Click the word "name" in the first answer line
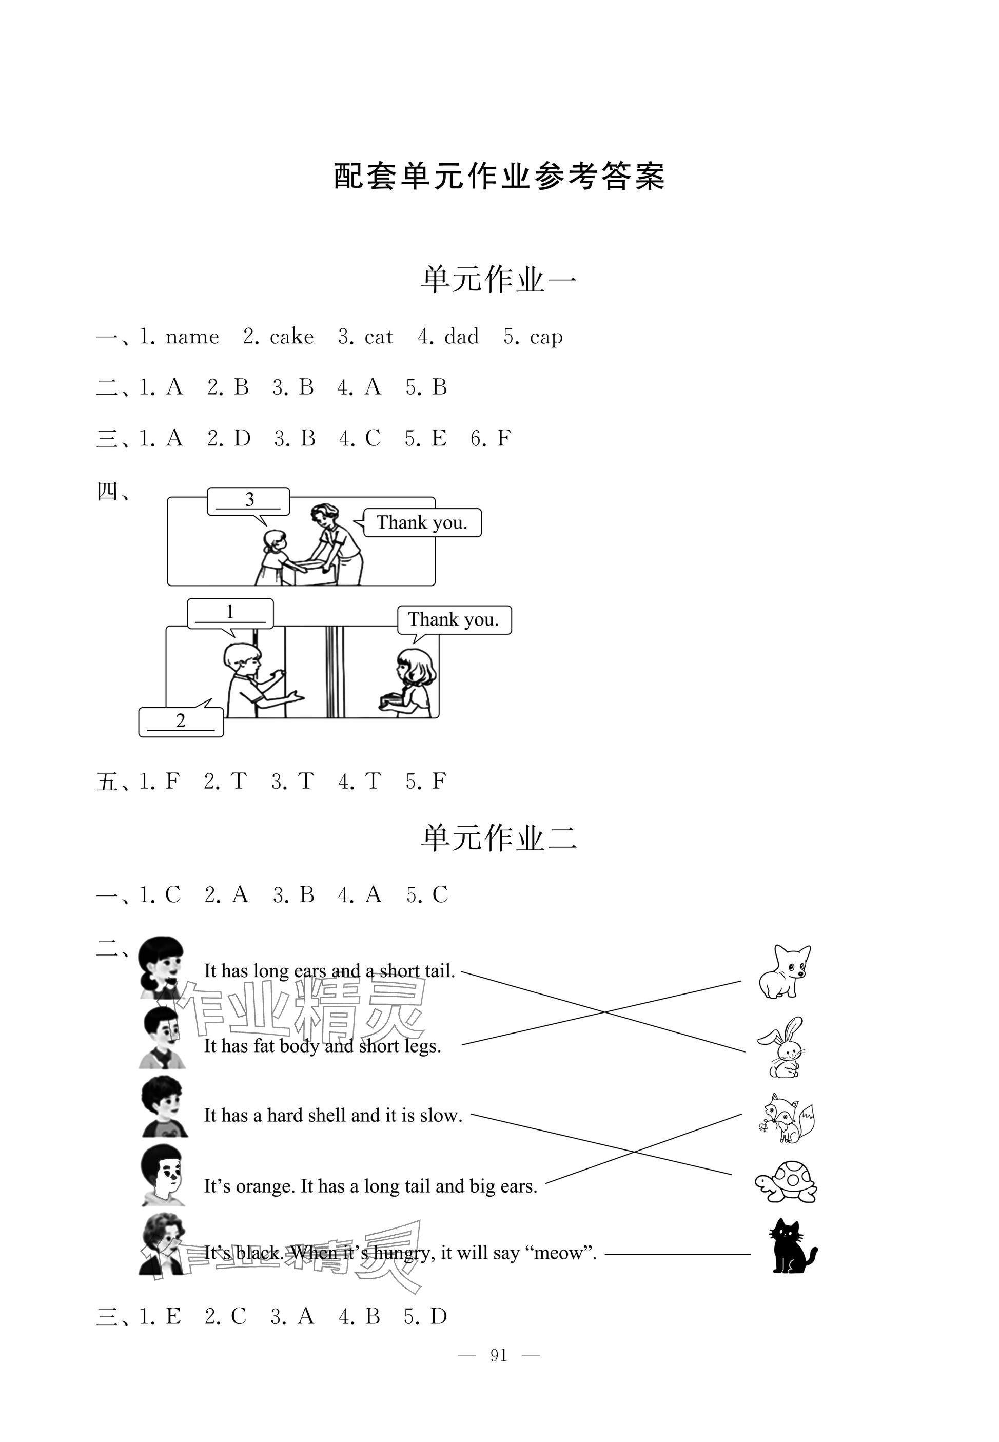point(192,337)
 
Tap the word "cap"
point(546,337)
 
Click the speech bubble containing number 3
point(248,501)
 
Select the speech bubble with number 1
point(230,613)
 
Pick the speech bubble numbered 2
point(181,722)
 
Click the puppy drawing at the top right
point(785,971)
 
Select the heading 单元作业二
point(499,838)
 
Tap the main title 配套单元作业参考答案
point(499,177)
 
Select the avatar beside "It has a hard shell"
point(163,1106)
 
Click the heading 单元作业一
point(499,279)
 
